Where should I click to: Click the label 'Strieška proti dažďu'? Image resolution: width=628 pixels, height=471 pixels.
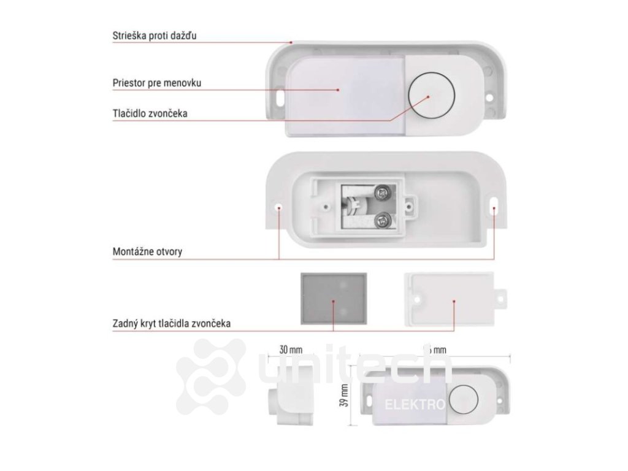(x=154, y=36)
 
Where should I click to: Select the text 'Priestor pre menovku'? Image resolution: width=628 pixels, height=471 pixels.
(x=157, y=82)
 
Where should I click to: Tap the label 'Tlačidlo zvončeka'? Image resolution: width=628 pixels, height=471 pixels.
(x=150, y=113)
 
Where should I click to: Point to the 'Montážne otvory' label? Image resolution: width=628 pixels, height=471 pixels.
(x=147, y=251)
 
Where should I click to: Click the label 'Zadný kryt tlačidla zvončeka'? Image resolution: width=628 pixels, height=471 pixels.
(x=172, y=323)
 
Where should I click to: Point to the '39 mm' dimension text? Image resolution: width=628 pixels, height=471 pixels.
(x=344, y=396)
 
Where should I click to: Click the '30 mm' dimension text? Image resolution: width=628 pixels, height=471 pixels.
(x=291, y=350)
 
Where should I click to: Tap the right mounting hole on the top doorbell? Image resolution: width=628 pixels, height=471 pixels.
(x=490, y=97)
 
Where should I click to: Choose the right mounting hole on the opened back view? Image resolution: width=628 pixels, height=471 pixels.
(x=494, y=207)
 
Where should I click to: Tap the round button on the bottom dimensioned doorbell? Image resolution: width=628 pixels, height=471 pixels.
(x=462, y=399)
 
